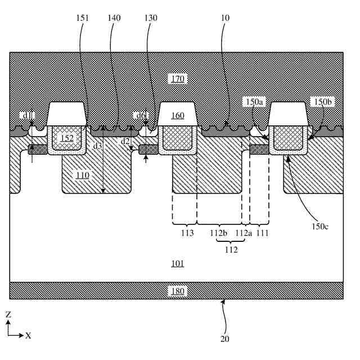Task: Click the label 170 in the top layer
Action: [x=178, y=78]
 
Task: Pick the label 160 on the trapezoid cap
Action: [x=178, y=116]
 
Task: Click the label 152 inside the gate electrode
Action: [x=67, y=138]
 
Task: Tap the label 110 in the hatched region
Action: [x=83, y=175]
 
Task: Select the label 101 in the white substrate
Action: [x=178, y=263]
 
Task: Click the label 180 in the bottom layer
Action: [x=178, y=291]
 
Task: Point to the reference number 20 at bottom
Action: [x=225, y=339]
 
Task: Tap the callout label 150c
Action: [x=319, y=226]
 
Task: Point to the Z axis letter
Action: [x=8, y=316]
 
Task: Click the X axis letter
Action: [x=28, y=336]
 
